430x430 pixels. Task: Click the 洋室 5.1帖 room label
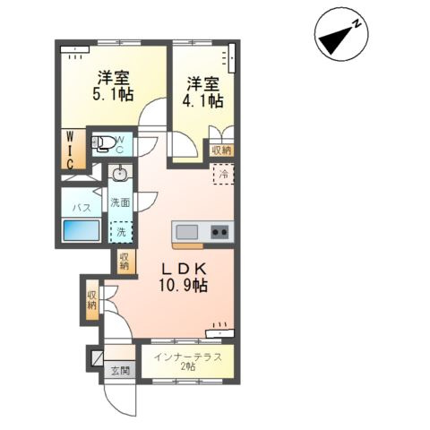pyautogui.click(x=113, y=86)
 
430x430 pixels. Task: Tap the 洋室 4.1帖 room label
pyautogui.click(x=202, y=92)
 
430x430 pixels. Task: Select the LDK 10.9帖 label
pyautogui.click(x=184, y=278)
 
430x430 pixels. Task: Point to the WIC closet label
pyautogui.click(x=70, y=150)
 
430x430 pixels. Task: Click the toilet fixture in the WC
pyautogui.click(x=102, y=143)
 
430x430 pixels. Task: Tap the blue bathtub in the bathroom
pyautogui.click(x=82, y=229)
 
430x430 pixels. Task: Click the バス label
pyautogui.click(x=82, y=208)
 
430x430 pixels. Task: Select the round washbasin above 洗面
pyautogui.click(x=121, y=173)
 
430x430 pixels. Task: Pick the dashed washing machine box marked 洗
pyautogui.click(x=121, y=232)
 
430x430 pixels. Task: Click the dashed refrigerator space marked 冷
pyautogui.click(x=223, y=174)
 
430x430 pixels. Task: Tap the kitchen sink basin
pyautogui.click(x=186, y=232)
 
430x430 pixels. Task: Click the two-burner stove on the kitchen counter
pyautogui.click(x=219, y=232)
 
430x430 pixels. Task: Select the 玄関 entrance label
pyautogui.click(x=120, y=371)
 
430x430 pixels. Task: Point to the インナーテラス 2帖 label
pyautogui.click(x=187, y=361)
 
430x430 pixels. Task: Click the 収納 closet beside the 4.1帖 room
pyautogui.click(x=221, y=150)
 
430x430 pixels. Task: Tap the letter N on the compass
pyautogui.click(x=357, y=24)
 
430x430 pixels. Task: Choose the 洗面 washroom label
pyautogui.click(x=120, y=202)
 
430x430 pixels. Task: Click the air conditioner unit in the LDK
pyautogui.click(x=220, y=333)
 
